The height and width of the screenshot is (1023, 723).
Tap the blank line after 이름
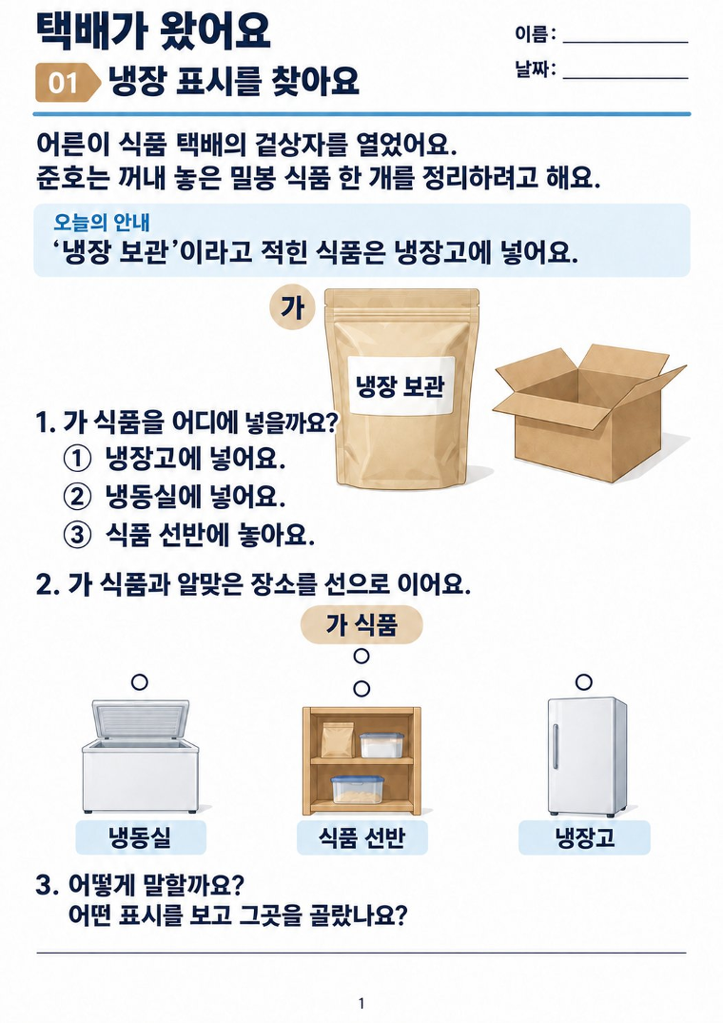click(625, 43)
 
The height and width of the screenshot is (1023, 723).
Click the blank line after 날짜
click(625, 78)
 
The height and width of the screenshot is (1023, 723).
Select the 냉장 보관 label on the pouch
click(401, 385)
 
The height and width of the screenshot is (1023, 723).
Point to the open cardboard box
click(588, 412)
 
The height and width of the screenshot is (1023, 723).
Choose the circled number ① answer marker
click(77, 459)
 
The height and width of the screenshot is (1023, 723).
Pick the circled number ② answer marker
click(77, 497)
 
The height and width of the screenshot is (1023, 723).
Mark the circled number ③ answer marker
click(77, 536)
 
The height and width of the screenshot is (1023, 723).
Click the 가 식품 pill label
click(361, 625)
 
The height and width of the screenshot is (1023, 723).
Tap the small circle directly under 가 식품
click(361, 656)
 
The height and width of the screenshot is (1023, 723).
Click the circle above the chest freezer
click(140, 682)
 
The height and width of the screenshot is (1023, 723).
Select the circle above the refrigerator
click(584, 682)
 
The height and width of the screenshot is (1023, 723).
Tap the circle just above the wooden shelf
click(361, 688)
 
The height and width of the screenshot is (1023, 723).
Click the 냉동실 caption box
click(141, 837)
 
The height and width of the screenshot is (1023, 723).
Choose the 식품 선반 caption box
click(362, 837)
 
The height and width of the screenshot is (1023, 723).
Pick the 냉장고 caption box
click(584, 837)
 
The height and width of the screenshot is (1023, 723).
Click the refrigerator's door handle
click(556, 745)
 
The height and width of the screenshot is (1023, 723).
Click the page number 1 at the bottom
click(361, 1003)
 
